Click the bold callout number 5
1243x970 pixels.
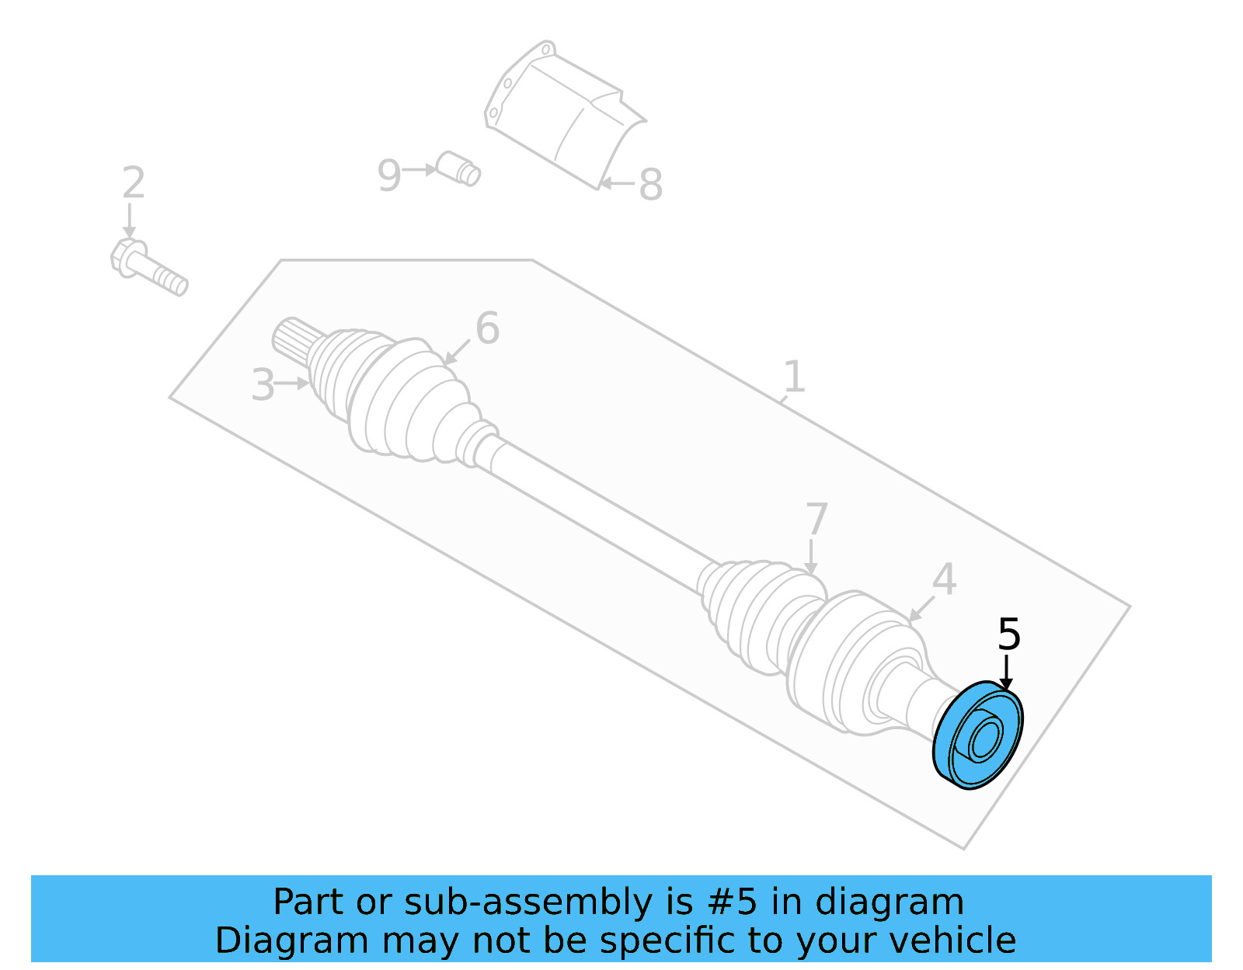(1008, 634)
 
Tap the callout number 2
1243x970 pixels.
(133, 183)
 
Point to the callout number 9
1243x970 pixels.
(388, 176)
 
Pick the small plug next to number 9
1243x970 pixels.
(458, 169)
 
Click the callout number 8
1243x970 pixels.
(650, 185)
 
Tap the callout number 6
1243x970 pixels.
(487, 328)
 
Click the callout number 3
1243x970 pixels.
(263, 385)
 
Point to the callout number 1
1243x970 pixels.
(793, 377)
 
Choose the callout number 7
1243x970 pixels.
(816, 519)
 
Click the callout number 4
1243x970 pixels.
(944, 579)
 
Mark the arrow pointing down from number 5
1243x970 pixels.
(1006, 673)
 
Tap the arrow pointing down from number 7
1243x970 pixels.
(811, 557)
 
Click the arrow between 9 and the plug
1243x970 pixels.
(420, 169)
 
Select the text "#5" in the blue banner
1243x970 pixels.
(731, 902)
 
